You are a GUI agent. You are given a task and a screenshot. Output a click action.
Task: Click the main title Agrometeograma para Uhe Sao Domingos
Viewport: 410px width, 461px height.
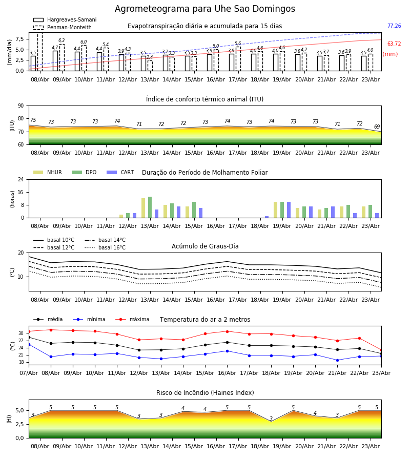[204, 9]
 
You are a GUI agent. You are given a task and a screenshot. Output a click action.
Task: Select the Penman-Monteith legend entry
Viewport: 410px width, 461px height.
[63, 27]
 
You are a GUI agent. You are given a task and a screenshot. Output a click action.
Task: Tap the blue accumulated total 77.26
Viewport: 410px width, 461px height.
[394, 26]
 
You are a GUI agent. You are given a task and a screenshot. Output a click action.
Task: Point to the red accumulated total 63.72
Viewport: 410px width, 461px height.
[394, 44]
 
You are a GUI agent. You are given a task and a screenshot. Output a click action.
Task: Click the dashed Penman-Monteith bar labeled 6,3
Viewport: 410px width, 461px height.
[62, 57]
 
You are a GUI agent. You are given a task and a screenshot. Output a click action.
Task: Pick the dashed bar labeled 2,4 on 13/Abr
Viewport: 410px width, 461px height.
[150, 66]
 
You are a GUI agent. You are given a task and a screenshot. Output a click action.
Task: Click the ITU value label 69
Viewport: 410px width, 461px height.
[377, 127]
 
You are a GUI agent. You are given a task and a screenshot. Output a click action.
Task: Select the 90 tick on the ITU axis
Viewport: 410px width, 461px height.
[21, 106]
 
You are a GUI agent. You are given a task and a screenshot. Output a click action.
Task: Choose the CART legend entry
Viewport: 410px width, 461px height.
[120, 172]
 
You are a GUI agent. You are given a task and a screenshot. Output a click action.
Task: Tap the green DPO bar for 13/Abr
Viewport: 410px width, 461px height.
[150, 207]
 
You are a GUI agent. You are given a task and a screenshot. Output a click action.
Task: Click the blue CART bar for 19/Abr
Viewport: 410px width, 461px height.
[289, 210]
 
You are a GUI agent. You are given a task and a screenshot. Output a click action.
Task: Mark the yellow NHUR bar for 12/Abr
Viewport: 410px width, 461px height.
[121, 216]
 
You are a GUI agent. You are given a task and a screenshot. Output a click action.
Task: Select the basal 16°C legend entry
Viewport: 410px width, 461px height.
[105, 247]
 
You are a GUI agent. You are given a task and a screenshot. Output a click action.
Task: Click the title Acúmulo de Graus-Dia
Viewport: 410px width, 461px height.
[205, 246]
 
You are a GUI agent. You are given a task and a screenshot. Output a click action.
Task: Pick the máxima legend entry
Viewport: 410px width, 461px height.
[132, 319]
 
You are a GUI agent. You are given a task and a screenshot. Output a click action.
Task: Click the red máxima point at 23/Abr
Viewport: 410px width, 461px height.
[381, 350]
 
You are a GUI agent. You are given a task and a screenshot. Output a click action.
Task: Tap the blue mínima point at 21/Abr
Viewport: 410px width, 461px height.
[337, 360]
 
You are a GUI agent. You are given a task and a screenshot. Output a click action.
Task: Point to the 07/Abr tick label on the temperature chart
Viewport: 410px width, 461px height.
[29, 373]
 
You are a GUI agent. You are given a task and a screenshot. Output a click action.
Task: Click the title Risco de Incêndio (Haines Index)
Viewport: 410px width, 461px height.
[205, 393]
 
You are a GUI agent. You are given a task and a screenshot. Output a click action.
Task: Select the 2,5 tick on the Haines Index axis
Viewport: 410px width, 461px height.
[19, 424]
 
